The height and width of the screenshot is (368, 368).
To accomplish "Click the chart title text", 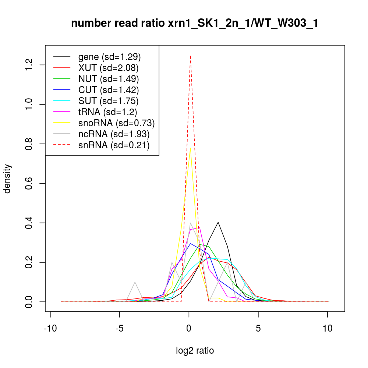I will coord(195,24).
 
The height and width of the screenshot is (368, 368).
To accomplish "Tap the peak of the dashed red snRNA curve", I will coord(190,56).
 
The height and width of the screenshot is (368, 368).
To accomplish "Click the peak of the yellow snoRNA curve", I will coord(190,148).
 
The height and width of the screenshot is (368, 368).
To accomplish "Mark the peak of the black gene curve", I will coord(218,222).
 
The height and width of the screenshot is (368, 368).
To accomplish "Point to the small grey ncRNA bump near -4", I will coord(135,282).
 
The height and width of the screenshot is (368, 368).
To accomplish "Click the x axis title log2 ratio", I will coord(195,351).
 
